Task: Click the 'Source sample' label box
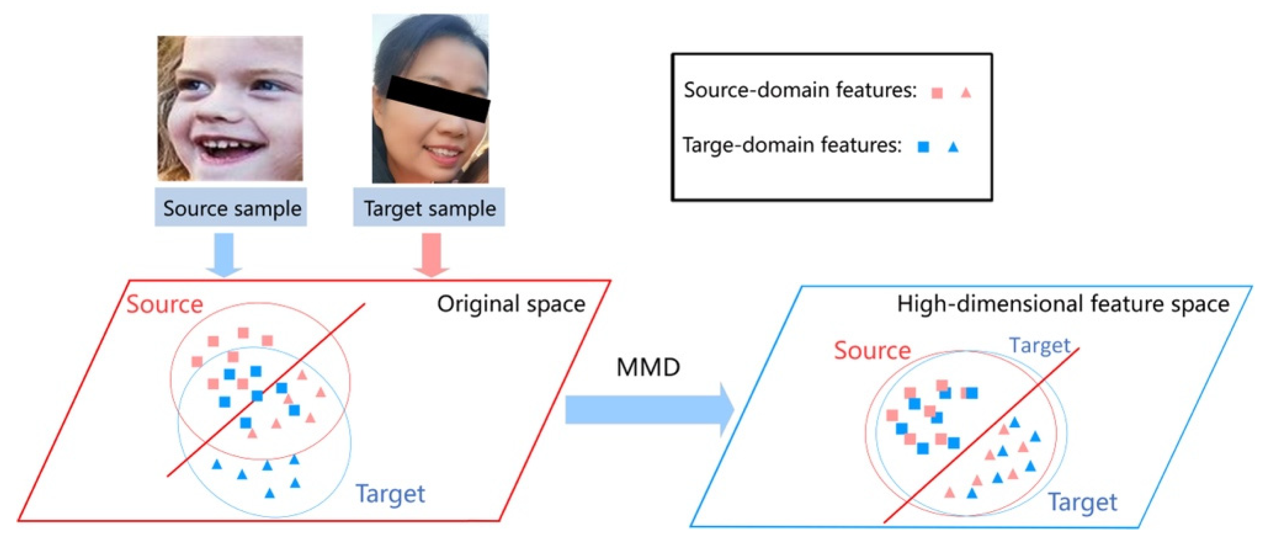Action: click(231, 208)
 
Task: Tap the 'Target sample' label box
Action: click(429, 208)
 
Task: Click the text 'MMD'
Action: click(648, 368)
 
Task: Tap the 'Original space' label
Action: click(511, 304)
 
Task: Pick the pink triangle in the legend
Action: click(966, 93)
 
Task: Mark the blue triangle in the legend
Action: click(953, 147)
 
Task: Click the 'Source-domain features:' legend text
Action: click(800, 90)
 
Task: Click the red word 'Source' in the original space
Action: click(165, 305)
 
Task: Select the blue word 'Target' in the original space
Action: click(390, 493)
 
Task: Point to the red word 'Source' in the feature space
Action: click(872, 351)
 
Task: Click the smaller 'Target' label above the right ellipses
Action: click(1040, 346)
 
